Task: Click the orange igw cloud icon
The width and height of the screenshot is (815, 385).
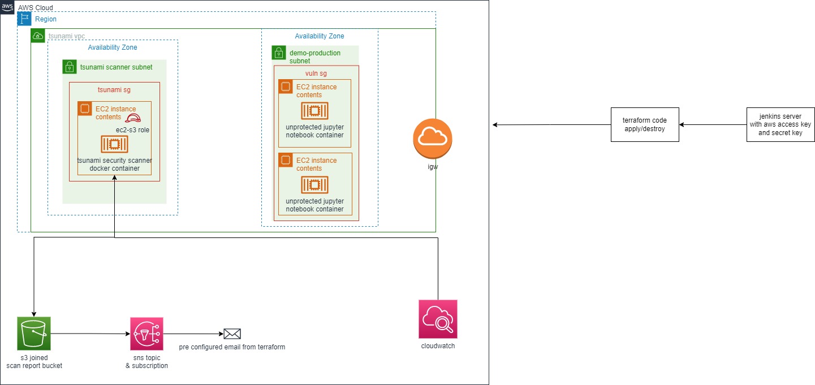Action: [x=433, y=139]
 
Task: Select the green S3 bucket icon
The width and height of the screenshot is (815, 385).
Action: [x=34, y=334]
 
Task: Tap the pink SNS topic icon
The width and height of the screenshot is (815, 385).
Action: [x=146, y=334]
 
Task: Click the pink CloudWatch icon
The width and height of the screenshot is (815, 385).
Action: [x=438, y=319]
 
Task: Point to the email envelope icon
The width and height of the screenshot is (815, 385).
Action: [x=232, y=334]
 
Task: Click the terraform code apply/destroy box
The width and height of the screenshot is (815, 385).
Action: [x=645, y=125]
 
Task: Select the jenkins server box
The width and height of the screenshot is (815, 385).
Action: [x=780, y=125]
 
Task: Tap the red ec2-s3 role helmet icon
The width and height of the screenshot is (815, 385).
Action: [x=133, y=118]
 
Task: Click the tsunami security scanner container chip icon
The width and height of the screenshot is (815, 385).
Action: [x=115, y=144]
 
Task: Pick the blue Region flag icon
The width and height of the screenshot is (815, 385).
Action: [x=24, y=19]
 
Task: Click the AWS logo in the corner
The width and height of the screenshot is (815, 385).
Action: [x=7, y=7]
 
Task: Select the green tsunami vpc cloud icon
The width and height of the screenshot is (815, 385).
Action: [x=38, y=36]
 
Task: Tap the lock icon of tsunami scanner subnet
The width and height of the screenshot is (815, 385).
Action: [x=70, y=67]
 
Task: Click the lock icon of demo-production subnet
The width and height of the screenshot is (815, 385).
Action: [x=279, y=53]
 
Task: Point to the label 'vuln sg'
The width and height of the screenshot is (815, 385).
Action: [x=316, y=73]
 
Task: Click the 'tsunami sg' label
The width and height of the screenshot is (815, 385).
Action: [x=114, y=89]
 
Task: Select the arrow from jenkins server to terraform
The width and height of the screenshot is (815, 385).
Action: [x=713, y=125]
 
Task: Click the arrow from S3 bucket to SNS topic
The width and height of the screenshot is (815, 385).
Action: [x=90, y=334]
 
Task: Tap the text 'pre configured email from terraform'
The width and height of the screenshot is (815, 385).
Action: [x=232, y=347]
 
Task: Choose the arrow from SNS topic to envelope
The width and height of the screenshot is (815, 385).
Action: [x=193, y=334]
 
